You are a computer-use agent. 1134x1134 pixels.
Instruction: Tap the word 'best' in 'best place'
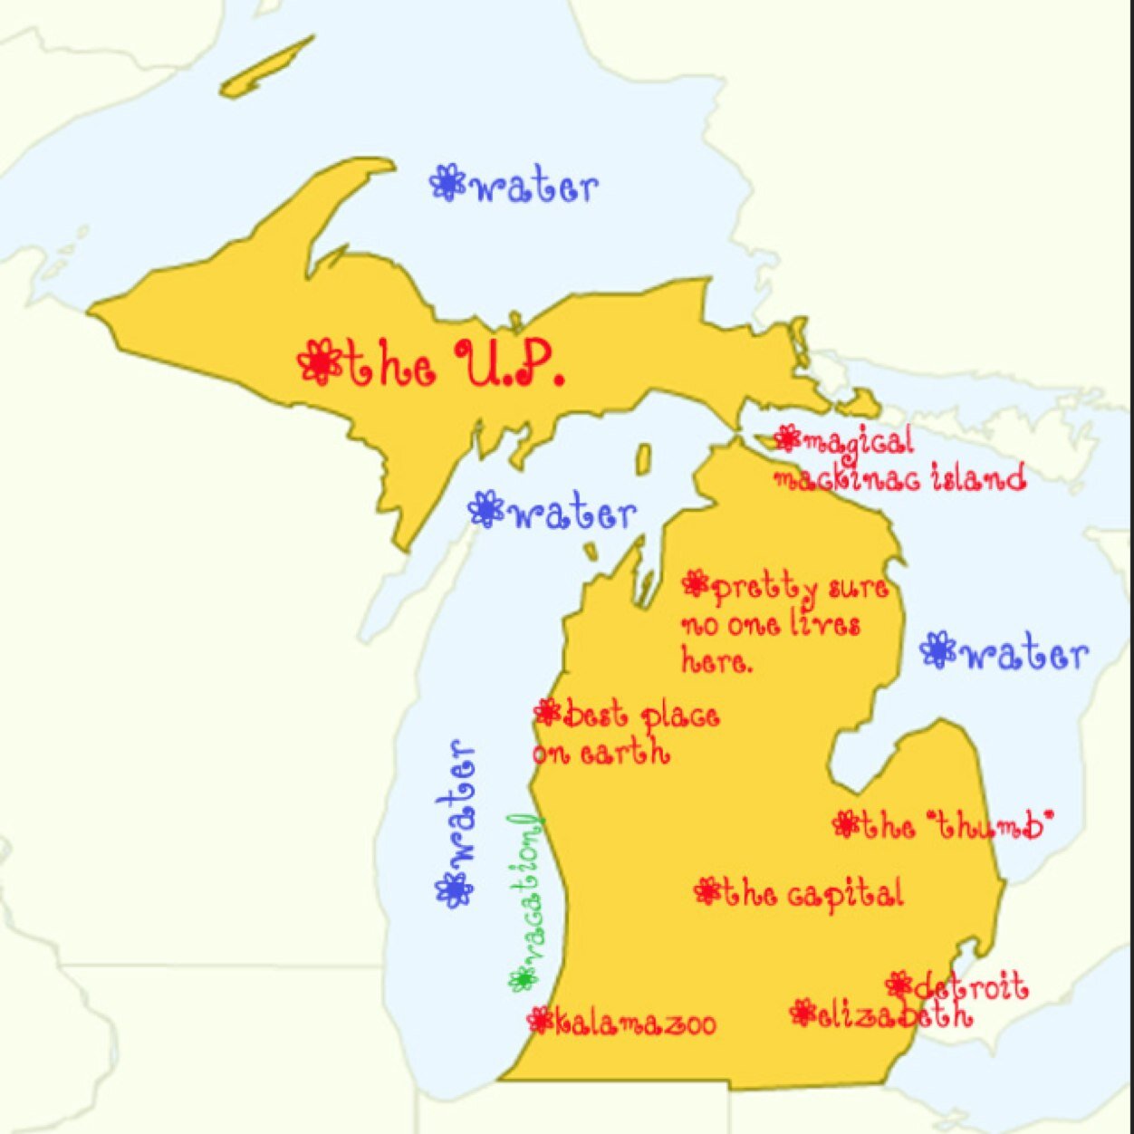[595, 716]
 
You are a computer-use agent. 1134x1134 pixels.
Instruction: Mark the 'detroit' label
[970, 986]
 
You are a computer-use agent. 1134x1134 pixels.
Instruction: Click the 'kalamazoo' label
[634, 1023]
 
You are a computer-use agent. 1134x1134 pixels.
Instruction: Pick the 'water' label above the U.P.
[534, 187]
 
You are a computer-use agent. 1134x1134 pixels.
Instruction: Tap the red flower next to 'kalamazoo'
[541, 1021]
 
